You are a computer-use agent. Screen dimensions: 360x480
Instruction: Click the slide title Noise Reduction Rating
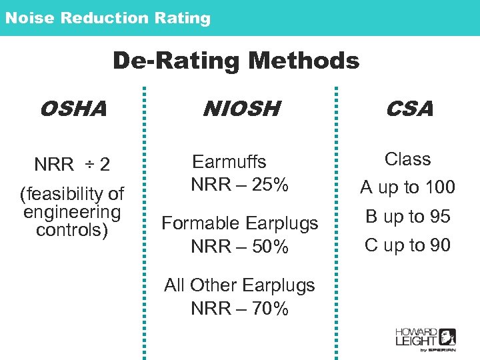[107, 18]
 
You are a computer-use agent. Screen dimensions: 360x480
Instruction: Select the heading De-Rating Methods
[235, 61]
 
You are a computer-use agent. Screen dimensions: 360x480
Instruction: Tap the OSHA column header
[73, 108]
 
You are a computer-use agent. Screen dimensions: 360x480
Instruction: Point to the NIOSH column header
[241, 108]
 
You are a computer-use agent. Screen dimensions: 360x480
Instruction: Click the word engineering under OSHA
[72, 212]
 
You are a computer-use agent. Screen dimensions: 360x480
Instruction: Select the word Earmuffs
[229, 162]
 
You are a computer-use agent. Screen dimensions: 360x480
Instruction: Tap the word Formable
[202, 223]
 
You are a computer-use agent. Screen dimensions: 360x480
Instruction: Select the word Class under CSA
[407, 159]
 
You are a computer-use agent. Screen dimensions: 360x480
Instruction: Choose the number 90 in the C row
[439, 245]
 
